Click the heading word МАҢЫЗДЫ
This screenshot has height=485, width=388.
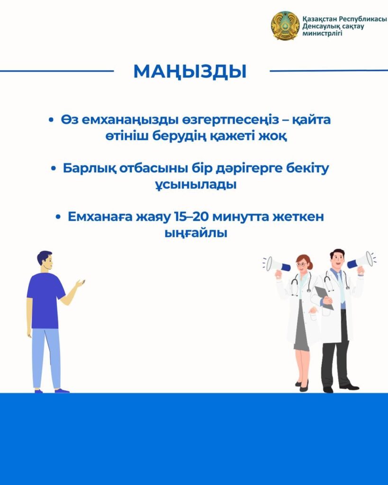click(x=190, y=72)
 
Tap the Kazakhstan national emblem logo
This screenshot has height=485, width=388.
click(x=285, y=26)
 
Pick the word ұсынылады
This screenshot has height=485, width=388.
click(x=196, y=185)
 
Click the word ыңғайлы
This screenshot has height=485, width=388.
click(x=196, y=233)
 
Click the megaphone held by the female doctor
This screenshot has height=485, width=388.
click(x=278, y=265)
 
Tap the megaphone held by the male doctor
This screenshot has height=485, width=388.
click(x=361, y=261)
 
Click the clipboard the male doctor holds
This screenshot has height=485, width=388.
click(x=324, y=297)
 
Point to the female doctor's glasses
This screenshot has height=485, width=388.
click(x=302, y=264)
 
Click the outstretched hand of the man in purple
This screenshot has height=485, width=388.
click(x=80, y=283)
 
